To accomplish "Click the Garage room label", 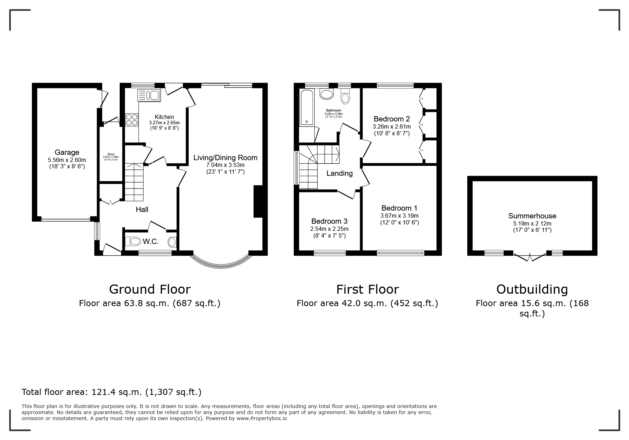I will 67,153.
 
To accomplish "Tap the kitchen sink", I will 149,95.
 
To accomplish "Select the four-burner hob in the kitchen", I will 131,119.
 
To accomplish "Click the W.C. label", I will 151,242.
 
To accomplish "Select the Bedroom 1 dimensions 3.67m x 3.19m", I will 400,216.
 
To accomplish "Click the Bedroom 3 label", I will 329,221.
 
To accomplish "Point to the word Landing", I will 340,173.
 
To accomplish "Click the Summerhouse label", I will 532,216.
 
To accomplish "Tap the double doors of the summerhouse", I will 530,257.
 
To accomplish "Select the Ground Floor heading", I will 150,289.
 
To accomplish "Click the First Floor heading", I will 368,289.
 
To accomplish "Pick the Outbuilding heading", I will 532,289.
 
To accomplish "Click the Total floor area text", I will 112,392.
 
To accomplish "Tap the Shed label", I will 111,154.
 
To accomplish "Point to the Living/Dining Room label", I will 225,158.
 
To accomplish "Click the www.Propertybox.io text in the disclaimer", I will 262,418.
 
